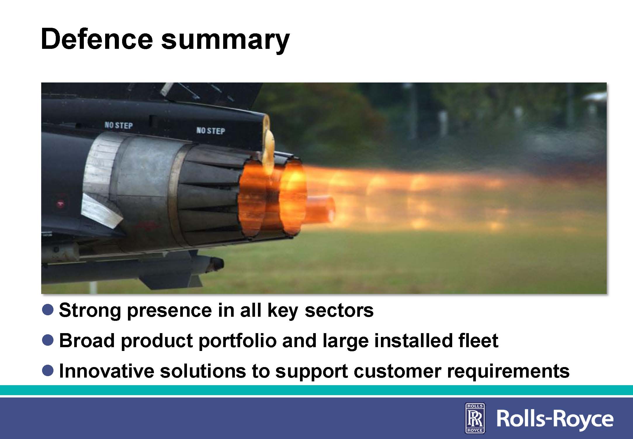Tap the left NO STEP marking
(x=119, y=125)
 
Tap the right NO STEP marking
(x=211, y=130)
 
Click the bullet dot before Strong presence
(x=48, y=309)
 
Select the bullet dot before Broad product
(x=48, y=340)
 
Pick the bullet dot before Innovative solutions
(x=48, y=370)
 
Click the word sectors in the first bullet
(x=339, y=311)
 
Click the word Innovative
(x=107, y=371)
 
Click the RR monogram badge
(x=475, y=418)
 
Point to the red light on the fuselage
(x=60, y=202)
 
